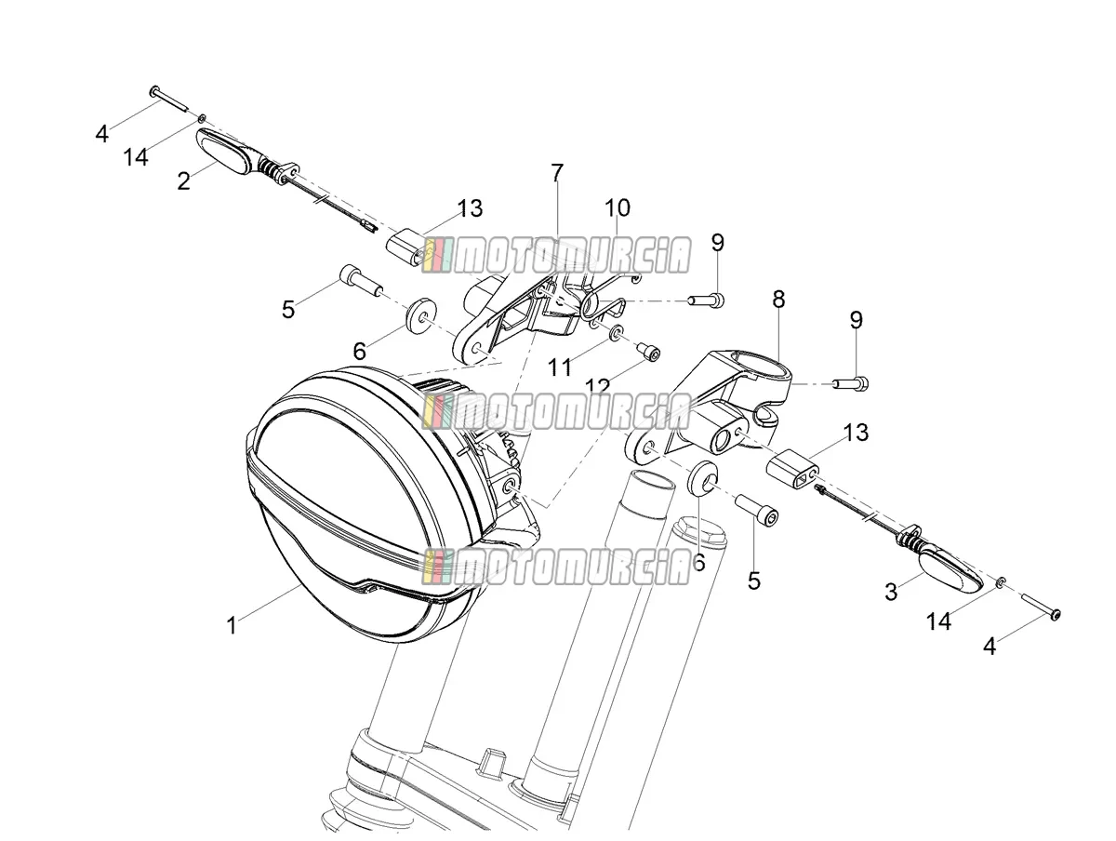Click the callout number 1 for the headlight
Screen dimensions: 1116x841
click(232, 625)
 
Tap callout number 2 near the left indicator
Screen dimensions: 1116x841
click(183, 181)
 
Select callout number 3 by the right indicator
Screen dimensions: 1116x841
click(891, 592)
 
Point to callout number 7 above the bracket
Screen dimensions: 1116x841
click(557, 173)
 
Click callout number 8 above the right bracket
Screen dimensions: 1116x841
click(778, 300)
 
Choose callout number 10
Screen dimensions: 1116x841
click(618, 207)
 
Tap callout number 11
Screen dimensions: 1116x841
click(560, 367)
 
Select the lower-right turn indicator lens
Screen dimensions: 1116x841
click(950, 569)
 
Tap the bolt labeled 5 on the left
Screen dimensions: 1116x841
click(361, 280)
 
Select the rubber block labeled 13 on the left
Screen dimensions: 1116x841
click(407, 247)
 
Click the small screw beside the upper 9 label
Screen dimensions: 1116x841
click(706, 300)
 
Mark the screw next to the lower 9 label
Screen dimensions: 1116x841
click(851, 382)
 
